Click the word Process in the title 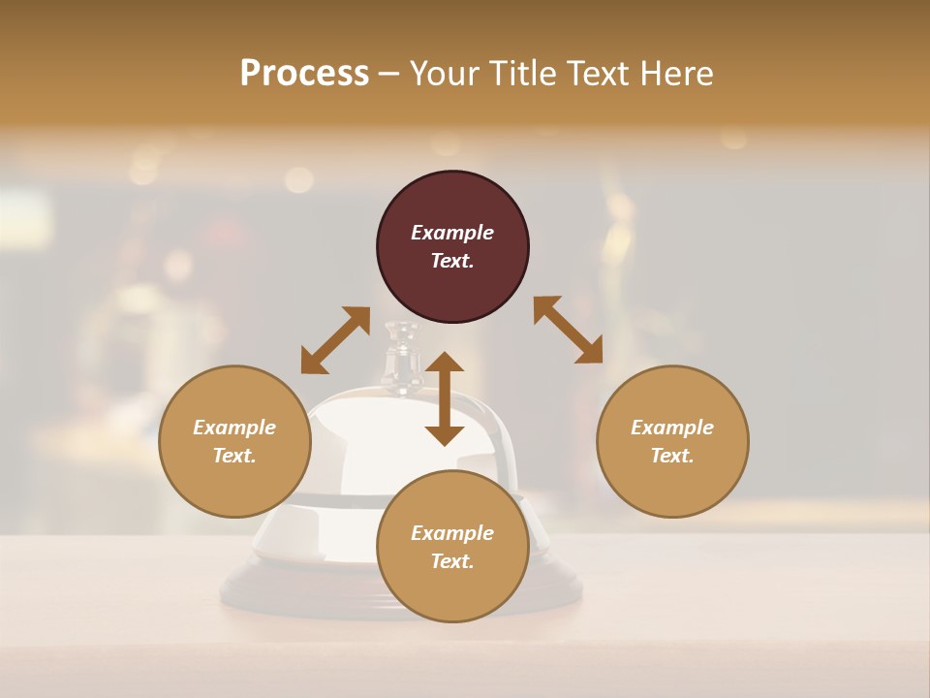coord(304,74)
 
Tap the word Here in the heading coord(676,74)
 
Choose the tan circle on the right coord(672,441)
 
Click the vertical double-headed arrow coord(445,398)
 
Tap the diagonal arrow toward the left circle coord(335,340)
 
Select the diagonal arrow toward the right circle coord(569,330)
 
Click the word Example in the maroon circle coord(452,233)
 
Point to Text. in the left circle coord(234,456)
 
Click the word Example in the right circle coord(672,428)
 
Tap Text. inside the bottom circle coord(452,561)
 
